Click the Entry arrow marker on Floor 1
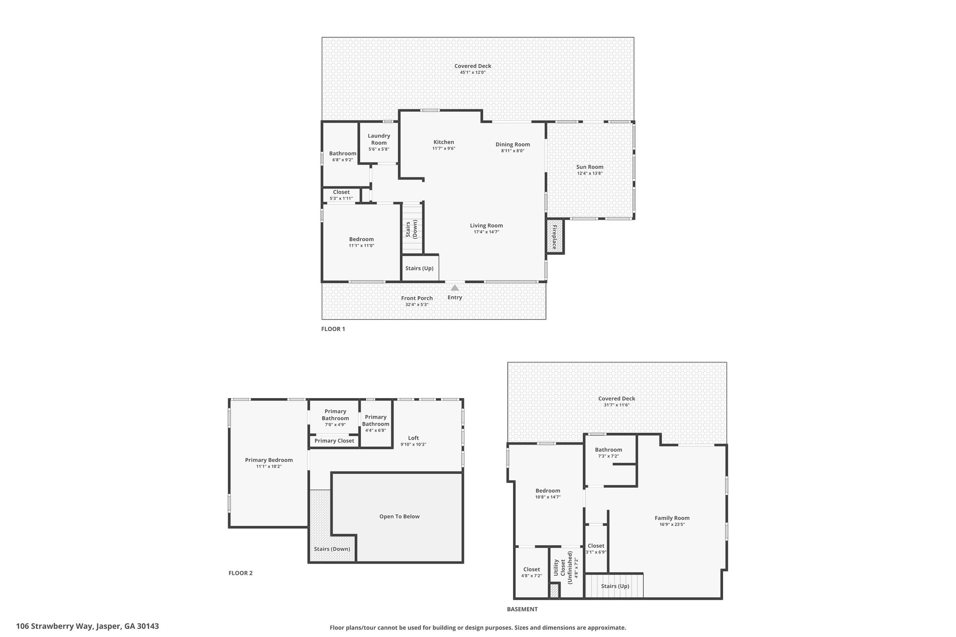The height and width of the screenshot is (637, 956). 455,287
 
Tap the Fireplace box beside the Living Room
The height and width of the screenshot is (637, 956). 555,237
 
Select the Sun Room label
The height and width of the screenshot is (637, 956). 590,167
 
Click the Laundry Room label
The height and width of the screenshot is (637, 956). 379,139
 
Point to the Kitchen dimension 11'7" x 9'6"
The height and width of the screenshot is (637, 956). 443,148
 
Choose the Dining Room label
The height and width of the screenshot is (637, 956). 513,144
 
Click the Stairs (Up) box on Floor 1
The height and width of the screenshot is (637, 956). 420,268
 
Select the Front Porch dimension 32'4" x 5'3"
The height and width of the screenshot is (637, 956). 417,305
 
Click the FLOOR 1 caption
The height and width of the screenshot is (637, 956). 333,329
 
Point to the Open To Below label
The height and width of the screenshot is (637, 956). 399,516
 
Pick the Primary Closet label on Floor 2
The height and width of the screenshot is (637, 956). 334,441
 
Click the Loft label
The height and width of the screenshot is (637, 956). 413,438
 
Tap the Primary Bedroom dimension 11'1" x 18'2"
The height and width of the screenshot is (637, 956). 269,466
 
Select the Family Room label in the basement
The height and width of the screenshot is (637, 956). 672,518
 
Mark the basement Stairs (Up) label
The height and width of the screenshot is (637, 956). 615,586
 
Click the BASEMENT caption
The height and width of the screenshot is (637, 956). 522,609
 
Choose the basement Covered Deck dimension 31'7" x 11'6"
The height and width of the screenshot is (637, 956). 617,405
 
